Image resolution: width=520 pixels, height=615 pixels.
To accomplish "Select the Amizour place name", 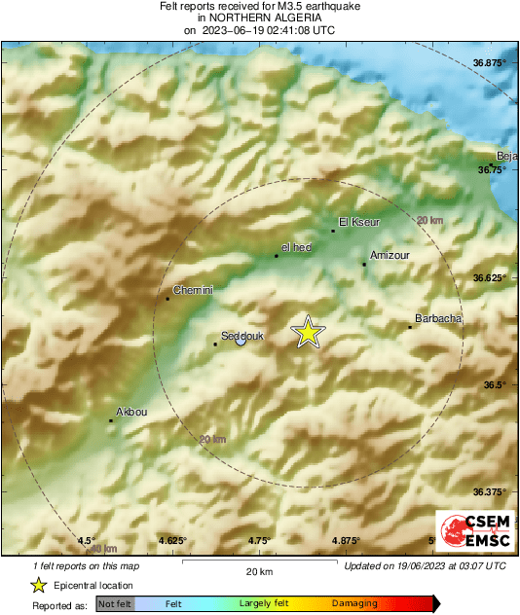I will tap(389, 252).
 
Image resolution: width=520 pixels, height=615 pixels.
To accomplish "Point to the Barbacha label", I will tap(438, 318).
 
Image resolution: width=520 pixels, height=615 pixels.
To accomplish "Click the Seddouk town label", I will tap(240, 336).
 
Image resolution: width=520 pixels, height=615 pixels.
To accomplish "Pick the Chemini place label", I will tap(192, 290).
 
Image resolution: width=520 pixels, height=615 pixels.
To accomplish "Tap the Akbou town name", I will tap(131, 412).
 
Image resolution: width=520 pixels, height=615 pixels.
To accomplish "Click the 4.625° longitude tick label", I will tap(172, 540).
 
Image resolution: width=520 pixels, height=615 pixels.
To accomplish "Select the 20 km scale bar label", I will tap(259, 570).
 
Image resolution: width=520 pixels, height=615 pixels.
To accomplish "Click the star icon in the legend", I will tap(38, 585).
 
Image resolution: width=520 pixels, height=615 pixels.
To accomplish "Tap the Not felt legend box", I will tap(115, 604).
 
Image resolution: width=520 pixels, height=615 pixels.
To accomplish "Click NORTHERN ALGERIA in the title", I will tap(259, 18).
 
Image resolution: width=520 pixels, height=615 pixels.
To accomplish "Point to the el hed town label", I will tap(295, 247).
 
